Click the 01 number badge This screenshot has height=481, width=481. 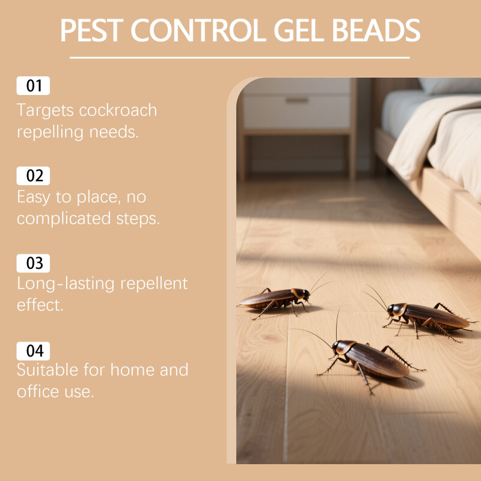click(x=33, y=85)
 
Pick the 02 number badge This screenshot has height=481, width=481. click(x=33, y=176)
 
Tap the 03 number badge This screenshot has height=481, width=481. click(x=33, y=263)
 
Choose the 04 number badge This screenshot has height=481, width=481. click(x=33, y=351)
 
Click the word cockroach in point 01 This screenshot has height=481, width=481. click(x=118, y=110)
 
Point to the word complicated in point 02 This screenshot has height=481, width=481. click(x=64, y=219)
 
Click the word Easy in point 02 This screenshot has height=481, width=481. click(x=34, y=197)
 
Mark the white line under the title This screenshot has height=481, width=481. click(x=239, y=57)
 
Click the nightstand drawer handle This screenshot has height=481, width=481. click(x=296, y=100)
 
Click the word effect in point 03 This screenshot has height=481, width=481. click(x=40, y=305)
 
